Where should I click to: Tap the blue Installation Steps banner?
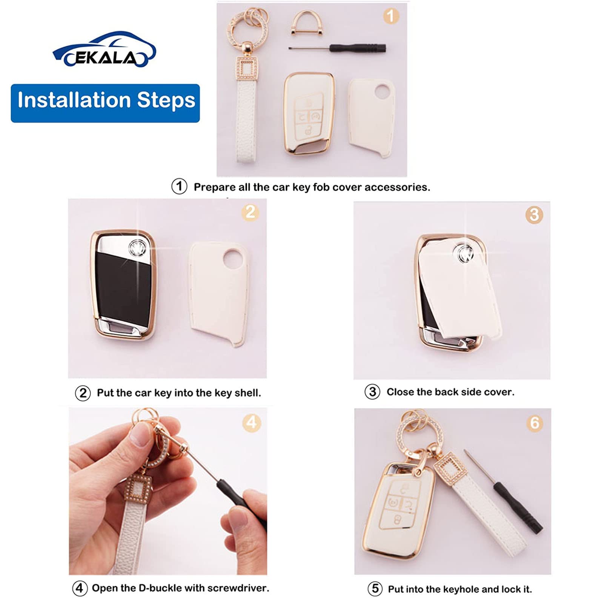105,103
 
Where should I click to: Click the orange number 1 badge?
391,16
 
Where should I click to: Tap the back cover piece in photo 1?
371,117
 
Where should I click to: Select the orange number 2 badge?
250,212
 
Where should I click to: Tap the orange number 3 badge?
534,215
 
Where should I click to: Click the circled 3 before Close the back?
372,392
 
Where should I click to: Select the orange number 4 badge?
252,422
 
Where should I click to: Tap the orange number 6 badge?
535,423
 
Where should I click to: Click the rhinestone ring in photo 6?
414,432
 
